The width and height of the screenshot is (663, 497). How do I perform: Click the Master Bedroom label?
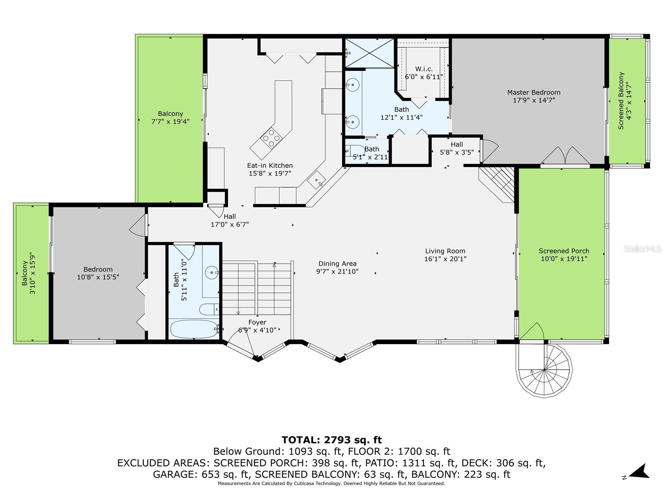click(533, 92)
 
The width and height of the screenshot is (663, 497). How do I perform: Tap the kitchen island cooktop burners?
click(271, 138)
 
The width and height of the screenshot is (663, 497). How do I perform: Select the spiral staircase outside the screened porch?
click(544, 370)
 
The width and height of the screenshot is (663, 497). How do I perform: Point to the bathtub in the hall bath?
click(194, 329)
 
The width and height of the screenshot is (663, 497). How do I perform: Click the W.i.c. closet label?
click(424, 69)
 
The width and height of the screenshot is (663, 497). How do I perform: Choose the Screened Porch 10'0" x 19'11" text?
click(564, 255)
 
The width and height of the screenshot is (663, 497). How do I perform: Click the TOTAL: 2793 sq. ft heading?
click(331, 440)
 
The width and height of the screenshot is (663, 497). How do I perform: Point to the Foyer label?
click(257, 322)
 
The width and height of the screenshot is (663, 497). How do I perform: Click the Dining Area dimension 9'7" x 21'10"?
click(337, 271)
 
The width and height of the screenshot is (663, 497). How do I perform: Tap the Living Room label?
click(445, 251)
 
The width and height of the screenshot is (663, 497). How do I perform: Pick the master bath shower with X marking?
click(370, 53)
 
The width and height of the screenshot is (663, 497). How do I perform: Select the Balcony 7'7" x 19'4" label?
click(170, 117)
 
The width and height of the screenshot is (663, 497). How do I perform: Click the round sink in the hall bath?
click(212, 273)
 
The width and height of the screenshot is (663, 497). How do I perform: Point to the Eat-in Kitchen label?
click(270, 165)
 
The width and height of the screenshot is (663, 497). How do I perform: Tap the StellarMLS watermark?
click(642, 248)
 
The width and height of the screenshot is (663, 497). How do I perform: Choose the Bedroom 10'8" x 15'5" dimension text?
click(98, 277)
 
